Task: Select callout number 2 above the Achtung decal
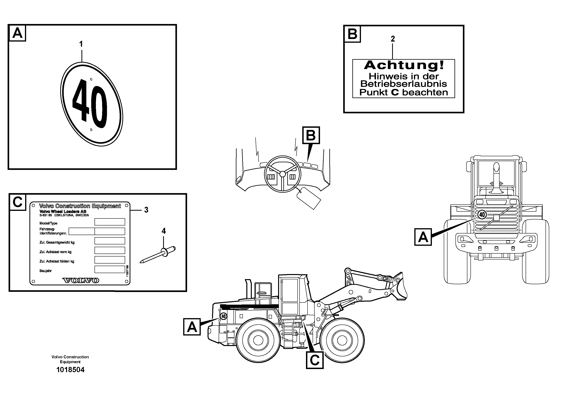point(393,39)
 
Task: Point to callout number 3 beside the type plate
point(146,210)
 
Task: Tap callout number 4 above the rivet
point(164,231)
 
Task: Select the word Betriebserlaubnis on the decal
point(404,84)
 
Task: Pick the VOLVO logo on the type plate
point(80,280)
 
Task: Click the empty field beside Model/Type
point(110,222)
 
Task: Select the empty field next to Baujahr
point(110,269)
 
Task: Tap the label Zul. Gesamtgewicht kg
point(57,242)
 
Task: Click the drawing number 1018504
point(70,370)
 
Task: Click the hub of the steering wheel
point(283,174)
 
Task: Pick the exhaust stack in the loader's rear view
point(496,177)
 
